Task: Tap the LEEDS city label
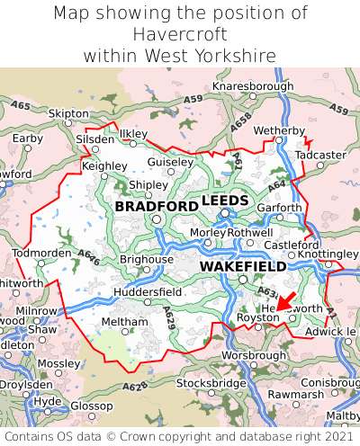[x=224, y=200]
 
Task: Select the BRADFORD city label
[x=157, y=207]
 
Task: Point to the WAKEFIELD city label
[x=243, y=267]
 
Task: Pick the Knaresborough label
[x=253, y=86]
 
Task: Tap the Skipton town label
[x=68, y=114]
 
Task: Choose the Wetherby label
[x=280, y=130]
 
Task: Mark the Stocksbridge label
[x=211, y=383]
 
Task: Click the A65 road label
[x=21, y=107]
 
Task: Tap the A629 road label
[x=172, y=316]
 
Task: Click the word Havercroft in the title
[x=180, y=34]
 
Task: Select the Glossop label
[x=92, y=406]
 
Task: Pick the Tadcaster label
[x=320, y=155]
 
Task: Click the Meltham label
[x=119, y=322]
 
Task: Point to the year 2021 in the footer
[x=337, y=436]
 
